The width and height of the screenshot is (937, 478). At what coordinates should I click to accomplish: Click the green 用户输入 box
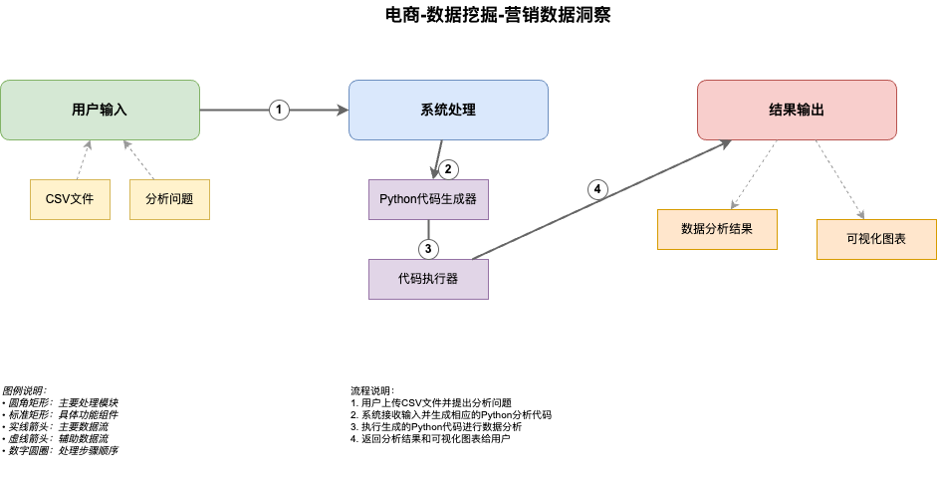point(100,110)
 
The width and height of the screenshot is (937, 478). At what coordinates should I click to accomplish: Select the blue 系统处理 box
point(448,110)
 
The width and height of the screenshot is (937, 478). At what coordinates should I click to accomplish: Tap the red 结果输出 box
point(797,110)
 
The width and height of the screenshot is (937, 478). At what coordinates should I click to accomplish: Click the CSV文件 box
point(70,199)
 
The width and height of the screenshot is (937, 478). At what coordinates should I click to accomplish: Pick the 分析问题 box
point(169,199)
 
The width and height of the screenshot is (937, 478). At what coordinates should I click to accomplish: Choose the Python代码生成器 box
point(428,199)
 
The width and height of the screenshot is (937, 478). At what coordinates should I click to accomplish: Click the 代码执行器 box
point(428,279)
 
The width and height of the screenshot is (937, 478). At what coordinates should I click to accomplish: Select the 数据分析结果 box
point(717,229)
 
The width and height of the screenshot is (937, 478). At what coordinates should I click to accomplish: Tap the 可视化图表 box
point(876,239)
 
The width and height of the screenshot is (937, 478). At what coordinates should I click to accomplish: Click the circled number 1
point(279,110)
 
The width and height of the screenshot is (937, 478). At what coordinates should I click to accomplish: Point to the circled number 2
point(448,169)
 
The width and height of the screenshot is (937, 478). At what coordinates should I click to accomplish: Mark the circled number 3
point(428,248)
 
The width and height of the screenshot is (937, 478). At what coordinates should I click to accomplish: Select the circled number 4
point(597,189)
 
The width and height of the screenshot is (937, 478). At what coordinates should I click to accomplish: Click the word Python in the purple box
point(398,199)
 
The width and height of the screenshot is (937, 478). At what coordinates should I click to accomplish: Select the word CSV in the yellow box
point(57,199)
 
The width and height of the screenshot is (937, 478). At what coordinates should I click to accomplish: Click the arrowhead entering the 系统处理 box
point(342,110)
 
